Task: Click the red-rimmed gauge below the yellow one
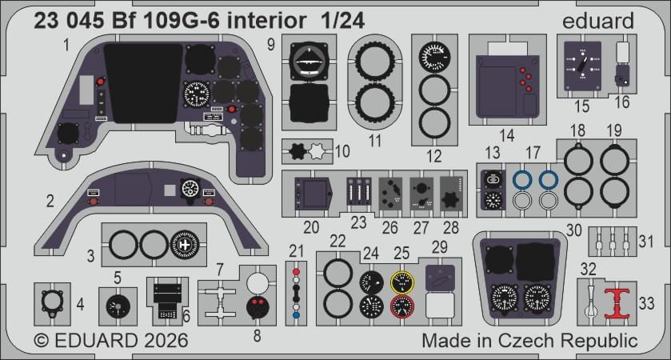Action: (403, 306)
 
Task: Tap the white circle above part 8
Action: (258, 282)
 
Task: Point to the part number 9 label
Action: (271, 43)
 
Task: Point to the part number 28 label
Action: (451, 227)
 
